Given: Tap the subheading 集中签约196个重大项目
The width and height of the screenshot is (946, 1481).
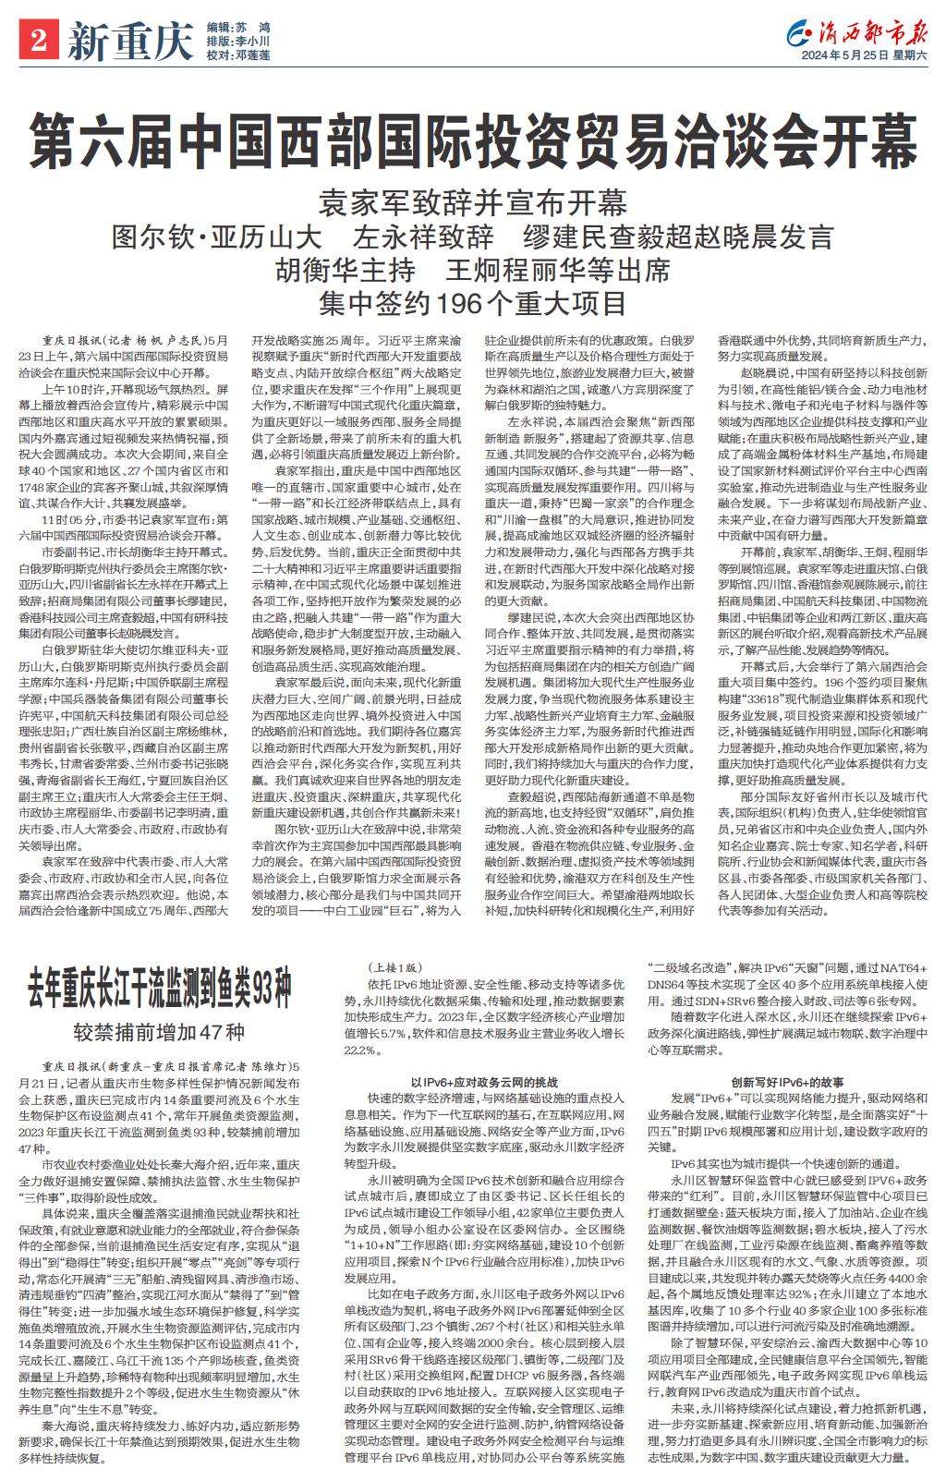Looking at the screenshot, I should pos(472,302).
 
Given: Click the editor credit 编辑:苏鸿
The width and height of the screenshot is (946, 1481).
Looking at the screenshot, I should pos(238,28).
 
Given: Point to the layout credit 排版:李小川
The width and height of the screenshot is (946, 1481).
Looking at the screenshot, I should pos(238,42).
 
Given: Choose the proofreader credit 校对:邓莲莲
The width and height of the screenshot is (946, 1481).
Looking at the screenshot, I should pos(238,55).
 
